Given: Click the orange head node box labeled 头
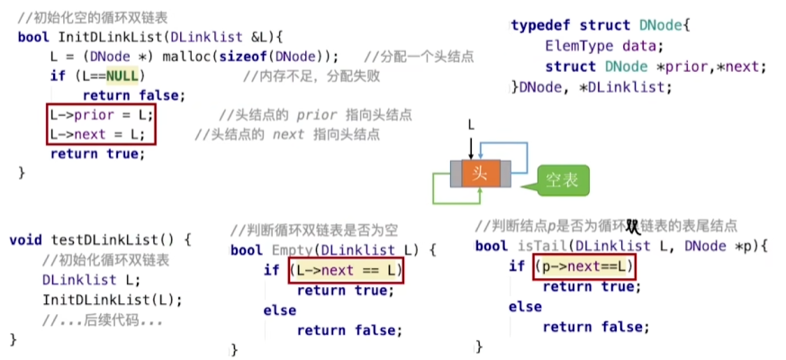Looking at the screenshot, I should tap(480, 173).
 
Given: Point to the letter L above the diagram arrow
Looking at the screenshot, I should tap(470, 127).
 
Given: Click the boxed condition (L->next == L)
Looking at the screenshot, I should tap(345, 270).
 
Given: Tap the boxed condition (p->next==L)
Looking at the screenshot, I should tap(584, 266).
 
